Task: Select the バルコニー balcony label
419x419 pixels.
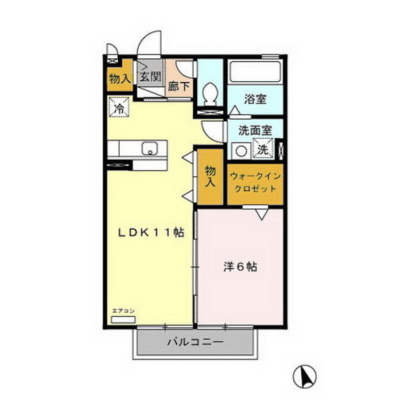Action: [x=195, y=342]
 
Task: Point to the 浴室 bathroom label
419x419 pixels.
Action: [x=254, y=100]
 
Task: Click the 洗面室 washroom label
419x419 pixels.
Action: [x=255, y=130]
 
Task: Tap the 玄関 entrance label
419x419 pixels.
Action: [x=150, y=77]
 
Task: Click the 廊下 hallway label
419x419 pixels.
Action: [x=179, y=86]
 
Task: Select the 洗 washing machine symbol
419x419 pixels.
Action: [x=262, y=149]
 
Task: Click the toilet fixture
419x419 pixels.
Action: [x=210, y=94]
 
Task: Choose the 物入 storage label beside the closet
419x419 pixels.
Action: [x=210, y=176]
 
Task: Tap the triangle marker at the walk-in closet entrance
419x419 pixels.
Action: [x=261, y=213]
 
